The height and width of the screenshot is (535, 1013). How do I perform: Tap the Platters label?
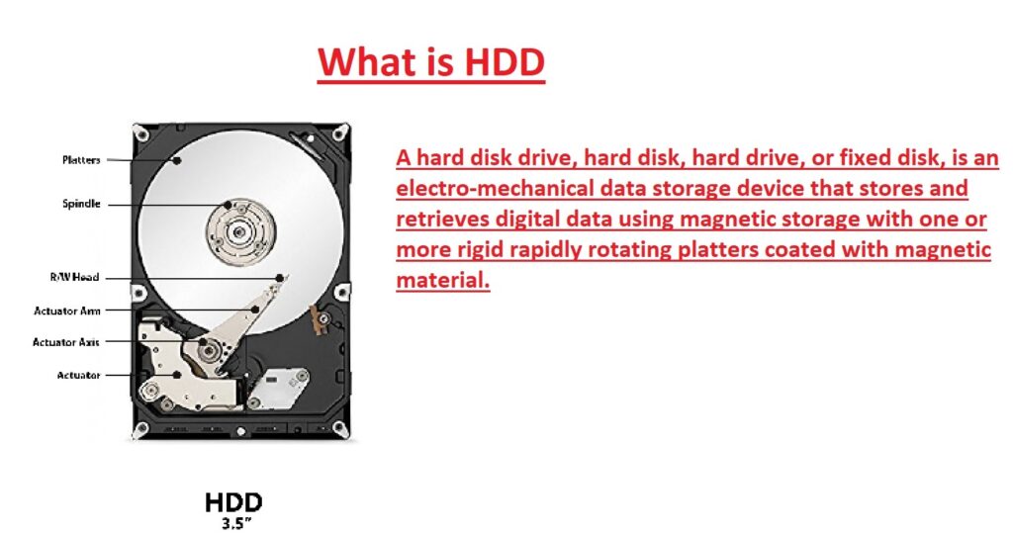(81, 159)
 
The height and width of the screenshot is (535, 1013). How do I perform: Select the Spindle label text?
(81, 204)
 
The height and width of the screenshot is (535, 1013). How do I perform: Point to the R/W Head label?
(75, 278)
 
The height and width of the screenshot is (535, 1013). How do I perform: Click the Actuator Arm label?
(67, 311)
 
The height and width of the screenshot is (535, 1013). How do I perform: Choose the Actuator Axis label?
(66, 342)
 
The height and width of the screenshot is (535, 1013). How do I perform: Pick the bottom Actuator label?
(78, 375)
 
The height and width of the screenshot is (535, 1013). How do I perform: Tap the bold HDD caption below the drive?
(234, 502)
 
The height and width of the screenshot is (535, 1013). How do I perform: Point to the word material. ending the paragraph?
(442, 280)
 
